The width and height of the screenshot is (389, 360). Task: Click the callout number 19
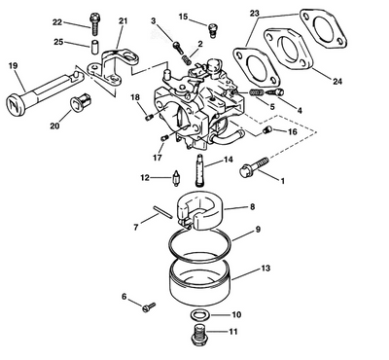(x=13, y=66)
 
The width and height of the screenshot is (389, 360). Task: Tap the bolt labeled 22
(x=94, y=24)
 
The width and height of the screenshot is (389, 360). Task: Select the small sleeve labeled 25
(x=94, y=48)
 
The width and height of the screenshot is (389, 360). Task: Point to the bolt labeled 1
(x=254, y=166)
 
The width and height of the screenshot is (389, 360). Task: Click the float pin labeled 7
(x=161, y=212)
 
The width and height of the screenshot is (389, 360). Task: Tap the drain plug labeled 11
(x=197, y=335)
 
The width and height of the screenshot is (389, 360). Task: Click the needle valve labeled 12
(x=177, y=179)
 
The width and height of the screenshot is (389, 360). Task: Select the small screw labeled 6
(x=149, y=306)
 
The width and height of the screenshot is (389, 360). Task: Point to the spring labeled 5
(x=257, y=92)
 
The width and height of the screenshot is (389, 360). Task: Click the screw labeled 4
(x=275, y=92)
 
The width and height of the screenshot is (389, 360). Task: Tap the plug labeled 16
(x=265, y=130)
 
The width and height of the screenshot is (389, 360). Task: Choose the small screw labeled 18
(x=149, y=117)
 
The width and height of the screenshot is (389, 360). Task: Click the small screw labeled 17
(x=164, y=138)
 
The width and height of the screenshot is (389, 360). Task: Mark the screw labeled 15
(x=212, y=30)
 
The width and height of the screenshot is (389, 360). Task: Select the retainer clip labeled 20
(x=81, y=102)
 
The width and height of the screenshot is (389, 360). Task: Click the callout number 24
(x=337, y=81)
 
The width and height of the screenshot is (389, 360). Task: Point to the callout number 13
(x=265, y=269)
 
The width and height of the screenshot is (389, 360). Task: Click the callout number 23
(x=255, y=14)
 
